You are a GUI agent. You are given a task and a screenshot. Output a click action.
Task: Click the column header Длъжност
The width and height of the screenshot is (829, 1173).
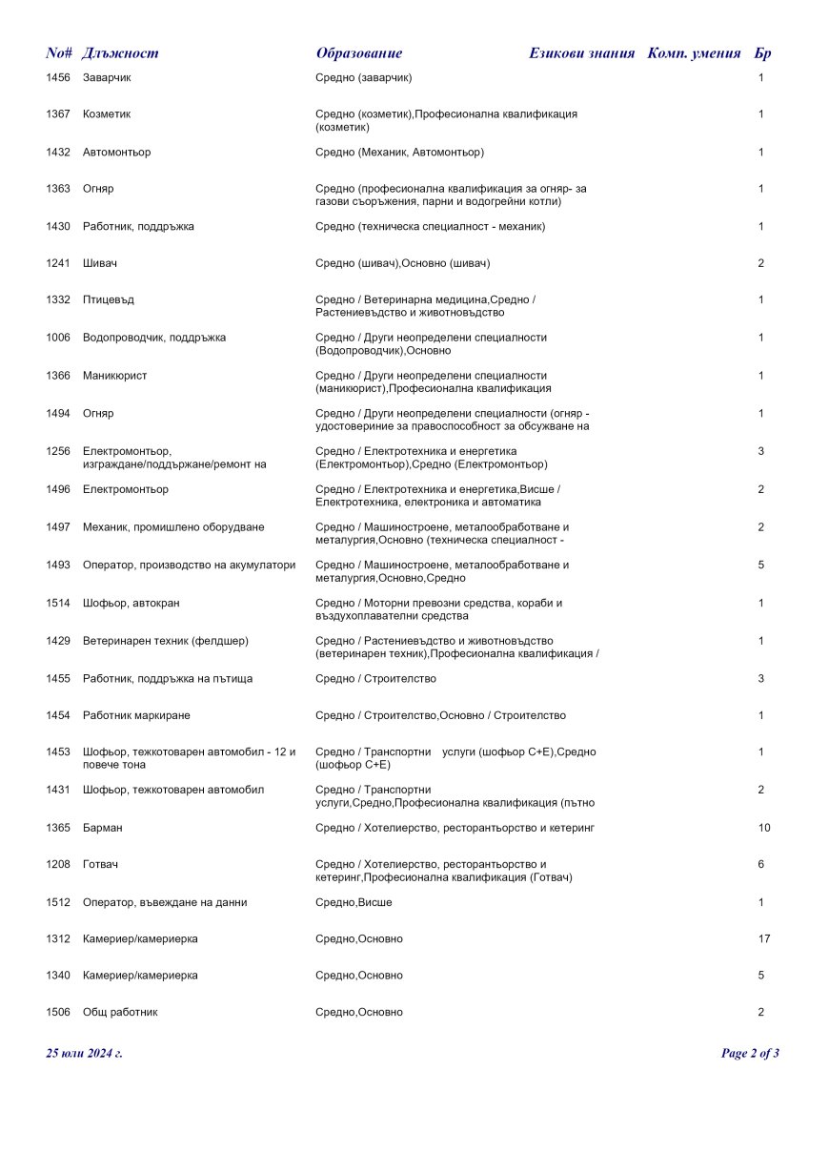[120, 53]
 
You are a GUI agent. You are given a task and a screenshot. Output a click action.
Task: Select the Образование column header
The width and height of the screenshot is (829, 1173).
[359, 53]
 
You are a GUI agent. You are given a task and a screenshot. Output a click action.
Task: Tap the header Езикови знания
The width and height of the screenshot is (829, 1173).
[581, 53]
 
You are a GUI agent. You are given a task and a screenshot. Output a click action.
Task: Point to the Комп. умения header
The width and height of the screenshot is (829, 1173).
[694, 53]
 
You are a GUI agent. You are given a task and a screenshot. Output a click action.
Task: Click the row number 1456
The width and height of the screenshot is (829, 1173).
[58, 77]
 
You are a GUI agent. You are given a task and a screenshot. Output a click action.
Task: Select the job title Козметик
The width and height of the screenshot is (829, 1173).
[107, 114]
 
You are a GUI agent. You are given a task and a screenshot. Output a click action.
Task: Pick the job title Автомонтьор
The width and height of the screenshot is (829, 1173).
[116, 153]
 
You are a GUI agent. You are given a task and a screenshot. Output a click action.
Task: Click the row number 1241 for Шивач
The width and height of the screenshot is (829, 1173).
[58, 263]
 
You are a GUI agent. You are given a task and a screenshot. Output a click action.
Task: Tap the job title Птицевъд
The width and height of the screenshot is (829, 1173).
[109, 300]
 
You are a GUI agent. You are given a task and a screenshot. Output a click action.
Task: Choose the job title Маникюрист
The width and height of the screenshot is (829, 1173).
[114, 376]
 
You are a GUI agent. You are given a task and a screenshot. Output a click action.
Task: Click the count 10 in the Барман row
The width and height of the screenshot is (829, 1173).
[764, 828]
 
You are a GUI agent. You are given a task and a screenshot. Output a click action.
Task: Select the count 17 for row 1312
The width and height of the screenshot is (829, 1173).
[764, 939]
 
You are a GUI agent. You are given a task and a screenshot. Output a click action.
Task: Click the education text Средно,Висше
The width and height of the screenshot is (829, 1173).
[354, 902]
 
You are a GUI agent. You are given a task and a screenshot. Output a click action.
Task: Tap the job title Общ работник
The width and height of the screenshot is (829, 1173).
[120, 1013]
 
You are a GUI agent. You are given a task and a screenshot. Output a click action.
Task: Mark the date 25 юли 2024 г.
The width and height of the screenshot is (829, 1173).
[84, 1054]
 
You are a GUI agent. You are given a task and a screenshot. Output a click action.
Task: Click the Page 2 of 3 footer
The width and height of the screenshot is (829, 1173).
[750, 1054]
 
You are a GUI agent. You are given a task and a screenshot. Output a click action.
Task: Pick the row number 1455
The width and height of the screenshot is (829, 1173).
[58, 679]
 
